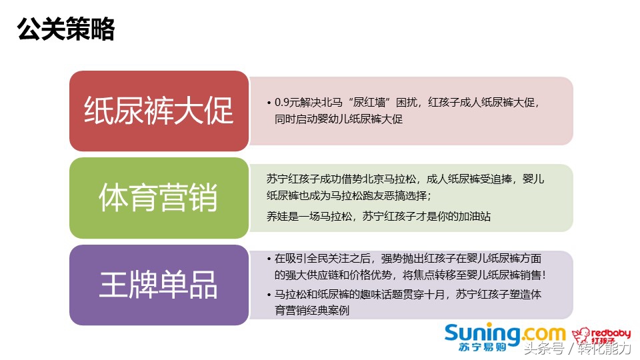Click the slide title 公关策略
(x=66, y=29)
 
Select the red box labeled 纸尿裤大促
(x=159, y=111)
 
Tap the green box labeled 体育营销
(x=159, y=198)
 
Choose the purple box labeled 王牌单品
(x=159, y=285)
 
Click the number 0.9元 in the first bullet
(x=289, y=103)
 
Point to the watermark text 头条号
(x=543, y=349)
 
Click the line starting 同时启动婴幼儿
(x=339, y=119)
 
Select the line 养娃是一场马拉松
(x=379, y=215)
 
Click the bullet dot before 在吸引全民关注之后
(x=268, y=258)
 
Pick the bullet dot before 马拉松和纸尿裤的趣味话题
(x=268, y=294)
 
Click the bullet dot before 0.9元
(x=268, y=103)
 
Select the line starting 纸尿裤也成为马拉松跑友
(x=349, y=195)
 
